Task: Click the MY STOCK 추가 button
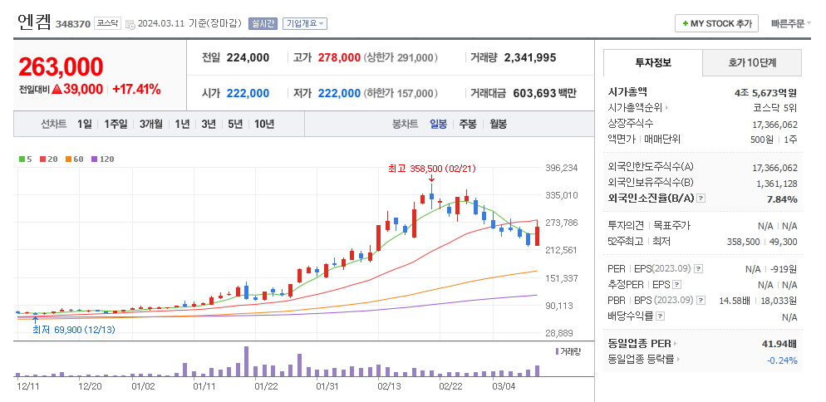pos(716,24)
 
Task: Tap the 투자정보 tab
pos(653,62)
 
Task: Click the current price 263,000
pos(61,67)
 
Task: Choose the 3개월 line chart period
pos(152,124)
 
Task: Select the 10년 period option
pos(264,124)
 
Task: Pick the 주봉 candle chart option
pos(468,124)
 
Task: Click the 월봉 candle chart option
pos(498,124)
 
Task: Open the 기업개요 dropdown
pos(305,24)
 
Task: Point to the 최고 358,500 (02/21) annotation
pos(431,169)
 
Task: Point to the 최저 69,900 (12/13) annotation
pos(73,330)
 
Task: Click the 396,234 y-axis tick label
pos(561,168)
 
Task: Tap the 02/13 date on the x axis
pos(389,385)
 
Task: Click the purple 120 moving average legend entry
pos(102,159)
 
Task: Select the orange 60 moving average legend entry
pos(76,159)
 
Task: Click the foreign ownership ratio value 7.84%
pos(781,199)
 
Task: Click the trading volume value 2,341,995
pos(529,58)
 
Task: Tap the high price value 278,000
pos(338,58)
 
